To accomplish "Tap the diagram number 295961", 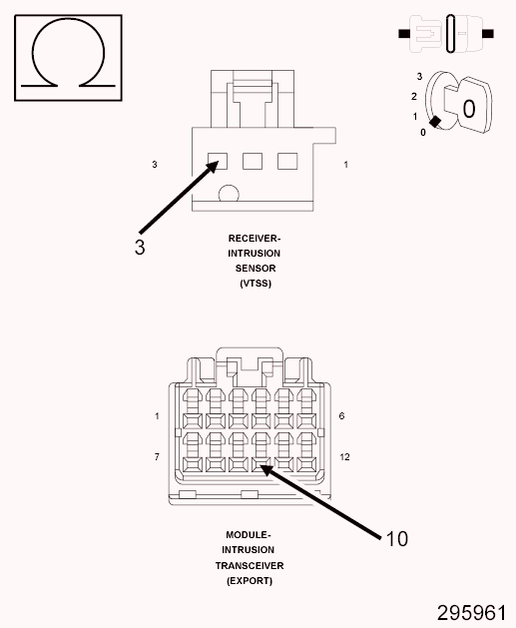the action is pyautogui.click(x=471, y=613).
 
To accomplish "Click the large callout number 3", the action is pyautogui.click(x=140, y=248).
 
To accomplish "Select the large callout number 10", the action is pyautogui.click(x=396, y=539).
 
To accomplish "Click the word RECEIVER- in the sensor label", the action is pyautogui.click(x=255, y=239).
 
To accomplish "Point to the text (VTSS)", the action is pyautogui.click(x=256, y=284).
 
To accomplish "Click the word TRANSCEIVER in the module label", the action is pyautogui.click(x=250, y=565).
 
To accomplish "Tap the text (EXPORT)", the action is pyautogui.click(x=250, y=581).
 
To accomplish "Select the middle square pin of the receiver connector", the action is pyautogui.click(x=253, y=162).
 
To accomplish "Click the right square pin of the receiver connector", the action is pyautogui.click(x=287, y=162).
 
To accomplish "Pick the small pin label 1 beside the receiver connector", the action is pyautogui.click(x=346, y=164).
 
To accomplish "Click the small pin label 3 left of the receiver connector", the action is pyautogui.click(x=155, y=164).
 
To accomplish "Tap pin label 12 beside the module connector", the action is pyautogui.click(x=344, y=457).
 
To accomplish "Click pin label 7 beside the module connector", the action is pyautogui.click(x=157, y=457).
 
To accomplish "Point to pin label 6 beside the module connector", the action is pyautogui.click(x=341, y=416).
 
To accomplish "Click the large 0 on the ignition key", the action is pyautogui.click(x=469, y=109).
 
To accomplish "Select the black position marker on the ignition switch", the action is pyautogui.click(x=435, y=122).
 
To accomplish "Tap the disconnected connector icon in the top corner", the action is pyautogui.click(x=446, y=34).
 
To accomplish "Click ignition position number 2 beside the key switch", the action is pyautogui.click(x=414, y=97).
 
